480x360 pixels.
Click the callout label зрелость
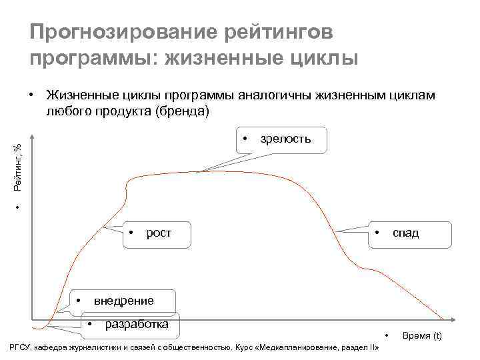[285, 139]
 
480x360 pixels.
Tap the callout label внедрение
[123, 300]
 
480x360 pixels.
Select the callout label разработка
[137, 324]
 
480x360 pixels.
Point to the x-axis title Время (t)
[422, 335]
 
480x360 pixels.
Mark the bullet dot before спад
[377, 233]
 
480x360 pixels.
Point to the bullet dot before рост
[132, 233]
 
